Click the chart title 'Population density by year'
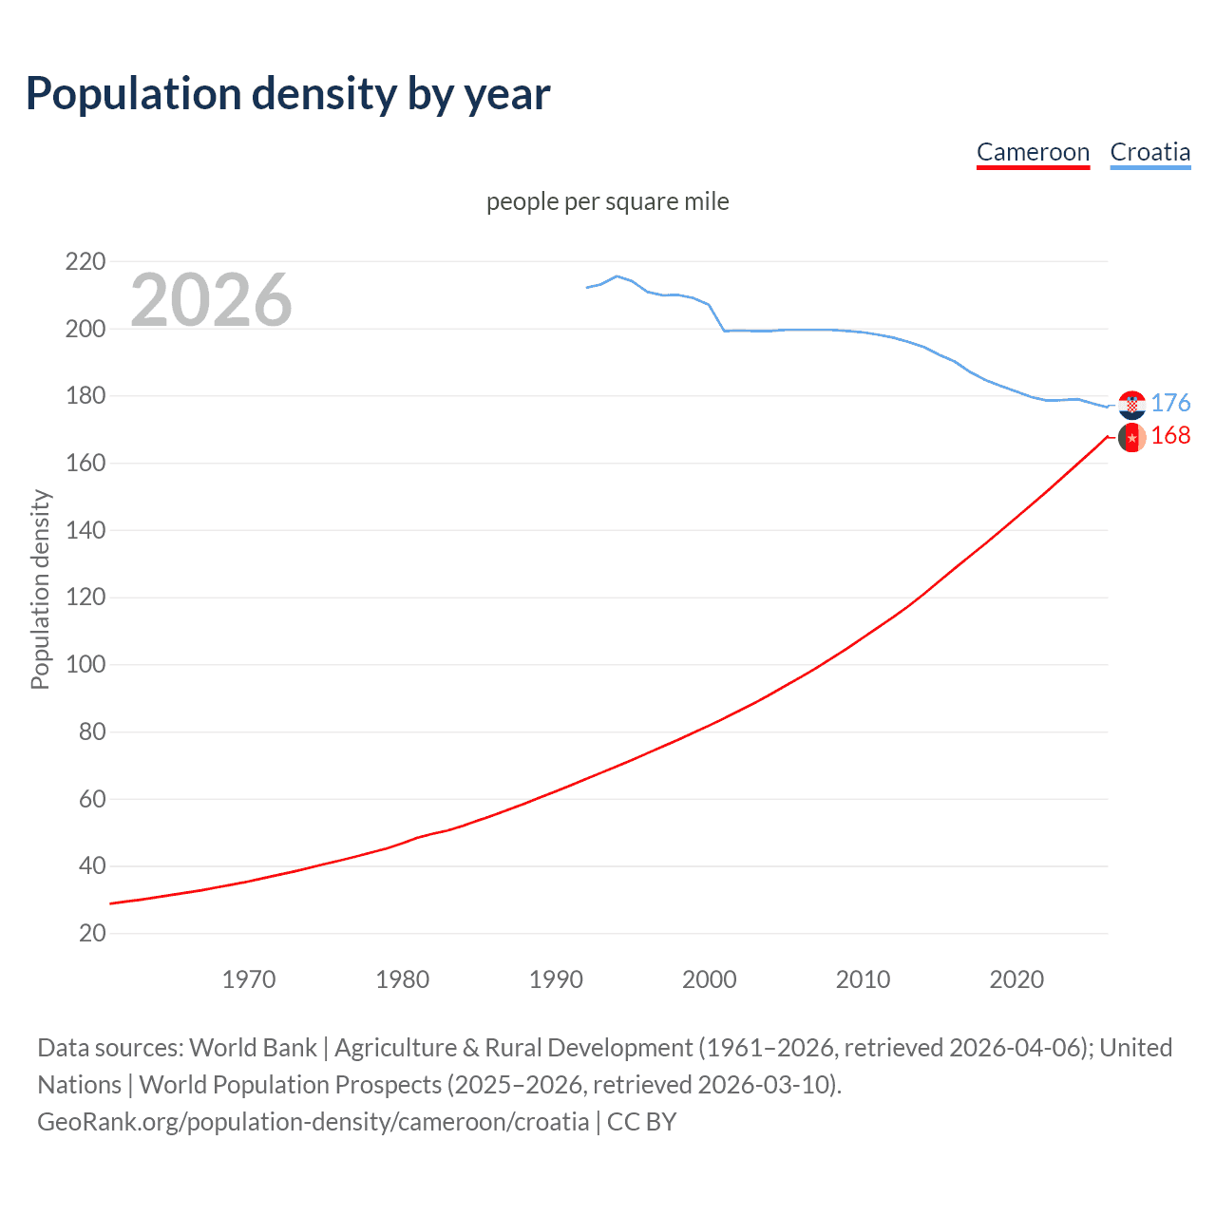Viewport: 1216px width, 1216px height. point(288,94)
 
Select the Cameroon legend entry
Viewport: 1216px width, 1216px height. point(1033,152)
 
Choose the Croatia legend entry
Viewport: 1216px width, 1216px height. point(1149,152)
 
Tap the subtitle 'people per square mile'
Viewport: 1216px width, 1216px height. point(607,201)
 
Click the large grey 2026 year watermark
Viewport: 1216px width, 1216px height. point(211,300)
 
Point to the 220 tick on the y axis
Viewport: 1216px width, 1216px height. point(85,261)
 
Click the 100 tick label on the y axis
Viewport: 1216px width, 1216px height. point(85,664)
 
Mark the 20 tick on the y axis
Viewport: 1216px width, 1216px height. point(92,933)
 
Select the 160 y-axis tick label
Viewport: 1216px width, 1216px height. point(85,463)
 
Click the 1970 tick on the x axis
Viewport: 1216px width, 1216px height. point(249,979)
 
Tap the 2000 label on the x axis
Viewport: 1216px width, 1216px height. point(709,979)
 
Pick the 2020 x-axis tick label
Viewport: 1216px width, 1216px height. point(1016,979)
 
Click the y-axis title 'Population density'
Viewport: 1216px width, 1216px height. point(40,589)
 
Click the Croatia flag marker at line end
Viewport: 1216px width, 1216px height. point(1131,405)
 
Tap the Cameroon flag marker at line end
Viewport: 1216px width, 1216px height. point(1131,437)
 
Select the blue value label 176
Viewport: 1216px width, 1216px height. point(1170,403)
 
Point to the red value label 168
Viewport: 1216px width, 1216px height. point(1170,435)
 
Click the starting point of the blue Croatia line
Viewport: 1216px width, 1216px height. point(587,287)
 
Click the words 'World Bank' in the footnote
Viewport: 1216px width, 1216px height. point(253,1048)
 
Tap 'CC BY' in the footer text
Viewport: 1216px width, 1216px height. point(641,1122)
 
